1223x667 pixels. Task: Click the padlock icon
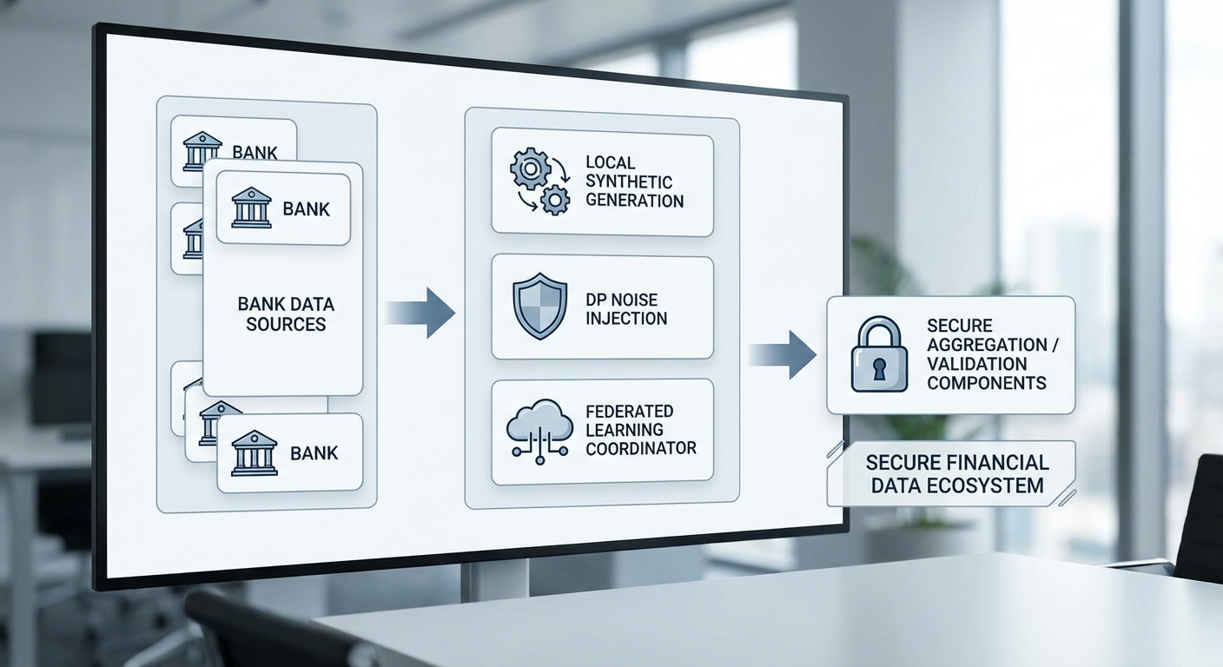click(x=879, y=354)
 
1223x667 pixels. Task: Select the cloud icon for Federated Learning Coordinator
click(x=539, y=428)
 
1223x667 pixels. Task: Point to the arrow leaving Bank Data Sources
click(x=421, y=313)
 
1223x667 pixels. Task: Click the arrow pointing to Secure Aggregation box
click(x=783, y=354)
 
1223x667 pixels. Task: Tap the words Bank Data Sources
click(x=286, y=314)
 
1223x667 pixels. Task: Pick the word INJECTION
click(x=626, y=319)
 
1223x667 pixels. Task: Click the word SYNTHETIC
click(x=629, y=182)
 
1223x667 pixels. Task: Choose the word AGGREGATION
click(x=988, y=345)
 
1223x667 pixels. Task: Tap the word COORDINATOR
click(x=641, y=448)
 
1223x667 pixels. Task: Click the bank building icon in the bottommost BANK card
click(x=255, y=452)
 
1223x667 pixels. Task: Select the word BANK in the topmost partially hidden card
click(x=255, y=153)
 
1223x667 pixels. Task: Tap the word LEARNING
click(x=625, y=430)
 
